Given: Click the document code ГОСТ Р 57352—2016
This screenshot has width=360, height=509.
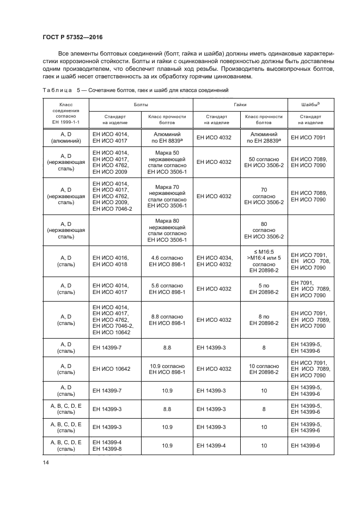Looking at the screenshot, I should pos(72,37).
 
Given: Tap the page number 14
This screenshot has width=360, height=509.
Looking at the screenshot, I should pos(46,463).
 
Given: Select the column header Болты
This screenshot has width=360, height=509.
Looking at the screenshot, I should pos(141,103).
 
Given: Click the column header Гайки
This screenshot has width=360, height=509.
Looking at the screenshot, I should pos(240,103).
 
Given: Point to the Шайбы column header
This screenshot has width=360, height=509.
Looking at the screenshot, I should pos(310,103).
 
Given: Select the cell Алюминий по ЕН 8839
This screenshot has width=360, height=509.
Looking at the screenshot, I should pos(167,137).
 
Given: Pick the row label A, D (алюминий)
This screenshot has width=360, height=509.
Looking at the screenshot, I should pos(65,137).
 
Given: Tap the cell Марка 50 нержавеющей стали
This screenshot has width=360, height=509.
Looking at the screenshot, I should pos(167,162).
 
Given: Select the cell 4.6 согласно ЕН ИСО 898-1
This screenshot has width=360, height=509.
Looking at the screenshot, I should pos(167,261).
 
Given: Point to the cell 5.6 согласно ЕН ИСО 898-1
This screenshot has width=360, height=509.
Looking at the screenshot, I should pos(167,289).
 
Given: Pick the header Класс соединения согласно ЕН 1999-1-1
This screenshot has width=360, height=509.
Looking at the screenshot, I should pos(65,113).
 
